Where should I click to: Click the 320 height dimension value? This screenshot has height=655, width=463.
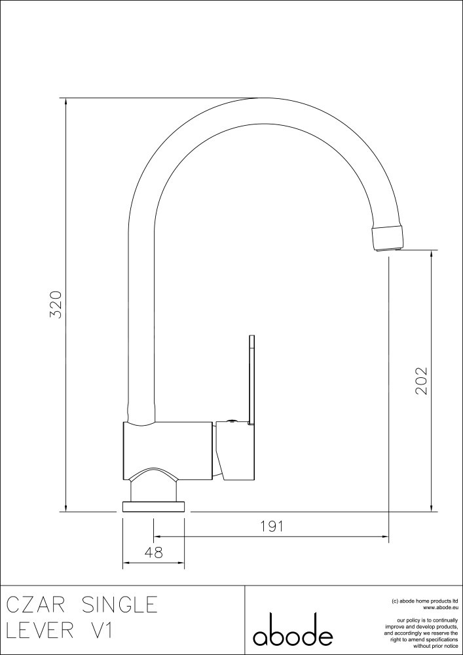56,305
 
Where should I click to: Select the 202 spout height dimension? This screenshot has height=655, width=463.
421,381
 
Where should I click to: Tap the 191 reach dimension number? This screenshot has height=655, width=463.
272,527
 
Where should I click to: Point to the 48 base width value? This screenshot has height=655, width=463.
153,552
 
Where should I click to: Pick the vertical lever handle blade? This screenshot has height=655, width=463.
251,380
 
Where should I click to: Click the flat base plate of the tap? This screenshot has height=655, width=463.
153,507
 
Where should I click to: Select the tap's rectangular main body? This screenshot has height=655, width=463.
168,451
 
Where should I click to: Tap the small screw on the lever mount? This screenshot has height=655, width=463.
232,421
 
